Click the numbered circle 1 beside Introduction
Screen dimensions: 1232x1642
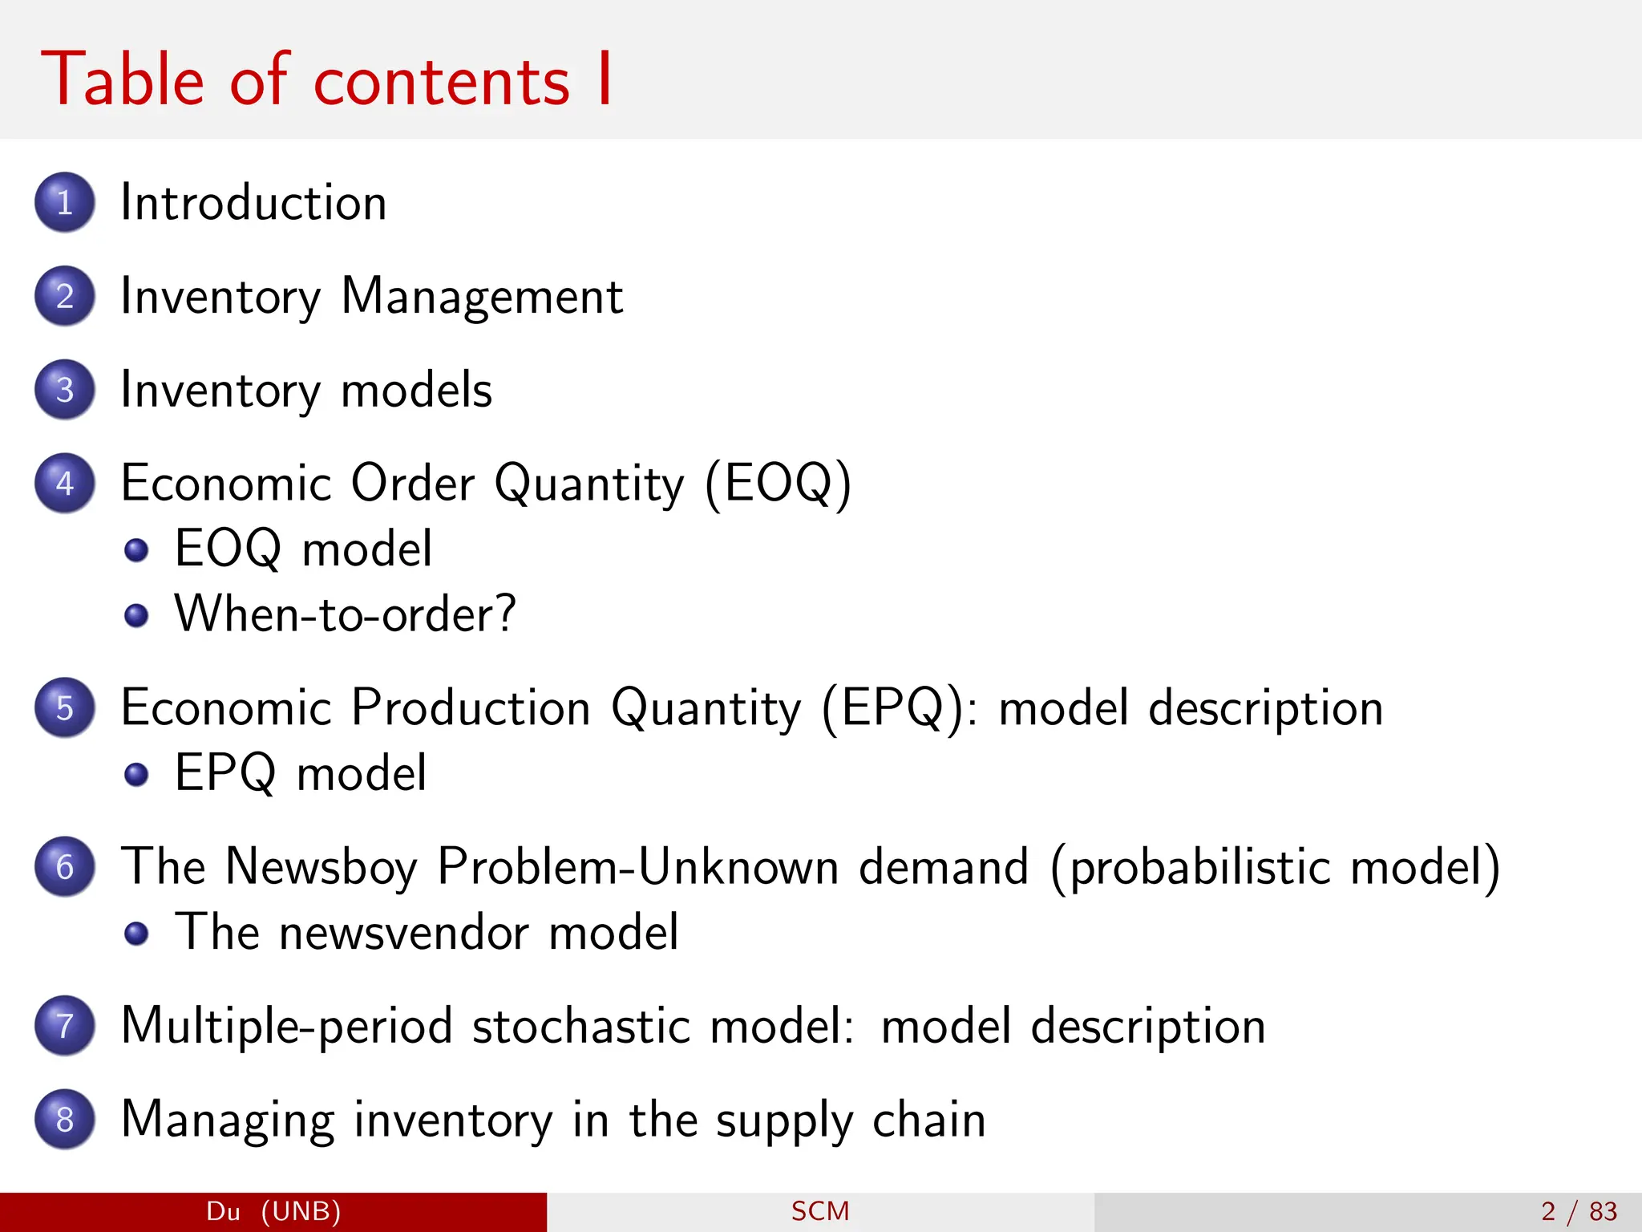65,202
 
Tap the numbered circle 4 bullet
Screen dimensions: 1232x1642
65,483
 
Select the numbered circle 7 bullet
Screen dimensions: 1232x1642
65,1025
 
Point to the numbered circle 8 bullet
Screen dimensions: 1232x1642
65,1119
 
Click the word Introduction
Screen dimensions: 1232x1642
253,202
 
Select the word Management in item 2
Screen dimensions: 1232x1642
482,297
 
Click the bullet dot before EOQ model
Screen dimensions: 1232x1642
137,550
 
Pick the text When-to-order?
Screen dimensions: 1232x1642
346,614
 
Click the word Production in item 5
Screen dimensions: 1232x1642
471,707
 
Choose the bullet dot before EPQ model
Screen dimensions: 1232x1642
137,774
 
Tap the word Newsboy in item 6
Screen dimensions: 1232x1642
322,868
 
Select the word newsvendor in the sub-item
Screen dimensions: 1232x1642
404,932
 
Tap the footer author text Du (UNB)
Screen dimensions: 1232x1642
273,1211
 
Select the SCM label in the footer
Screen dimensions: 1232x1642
820,1211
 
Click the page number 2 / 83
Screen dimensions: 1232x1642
1579,1211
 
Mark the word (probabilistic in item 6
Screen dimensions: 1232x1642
1190,868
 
